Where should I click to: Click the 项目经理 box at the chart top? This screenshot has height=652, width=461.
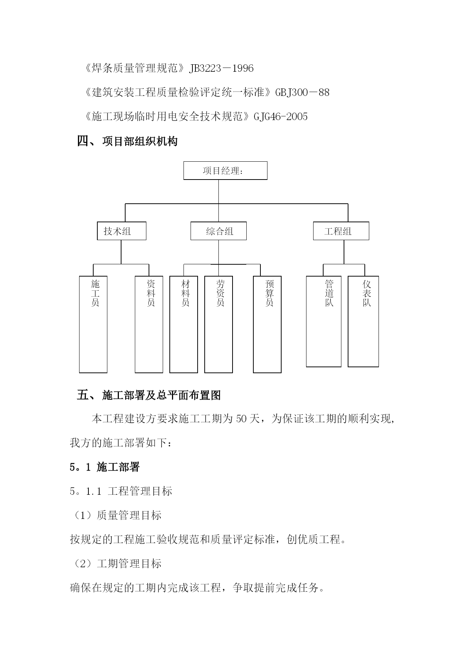(x=225, y=171)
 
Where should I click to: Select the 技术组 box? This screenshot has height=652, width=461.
(x=121, y=231)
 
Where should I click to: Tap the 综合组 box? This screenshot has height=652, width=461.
(x=218, y=231)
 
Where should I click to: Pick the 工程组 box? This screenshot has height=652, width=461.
(x=341, y=231)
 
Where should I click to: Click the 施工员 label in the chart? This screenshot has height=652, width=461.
(x=95, y=293)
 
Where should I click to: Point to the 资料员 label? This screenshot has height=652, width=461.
(x=151, y=293)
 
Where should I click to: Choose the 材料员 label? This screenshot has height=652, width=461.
(x=185, y=293)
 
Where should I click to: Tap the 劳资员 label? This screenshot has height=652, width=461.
(x=220, y=293)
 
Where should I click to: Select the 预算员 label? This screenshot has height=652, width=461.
(x=269, y=293)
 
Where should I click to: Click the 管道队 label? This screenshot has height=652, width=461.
(x=329, y=293)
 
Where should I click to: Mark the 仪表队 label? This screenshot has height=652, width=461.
(x=367, y=293)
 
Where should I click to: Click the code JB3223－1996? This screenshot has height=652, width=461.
(x=221, y=68)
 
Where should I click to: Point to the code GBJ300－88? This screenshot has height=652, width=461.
(x=302, y=93)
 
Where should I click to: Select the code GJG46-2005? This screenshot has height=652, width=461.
(x=280, y=117)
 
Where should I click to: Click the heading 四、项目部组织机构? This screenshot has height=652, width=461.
(x=127, y=141)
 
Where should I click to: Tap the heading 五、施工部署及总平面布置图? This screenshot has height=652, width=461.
(x=149, y=395)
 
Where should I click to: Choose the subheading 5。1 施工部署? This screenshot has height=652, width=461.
(x=104, y=467)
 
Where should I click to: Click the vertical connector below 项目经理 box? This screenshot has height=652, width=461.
(x=218, y=192)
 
